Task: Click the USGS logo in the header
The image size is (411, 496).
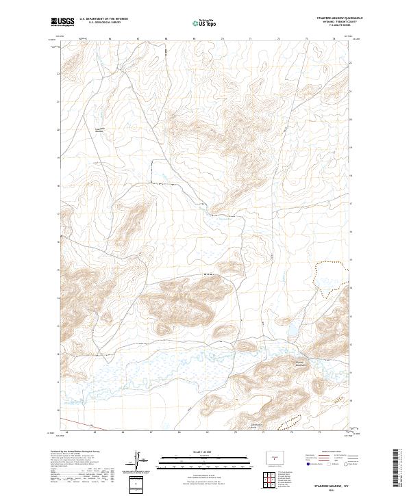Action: [x=62, y=22]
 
